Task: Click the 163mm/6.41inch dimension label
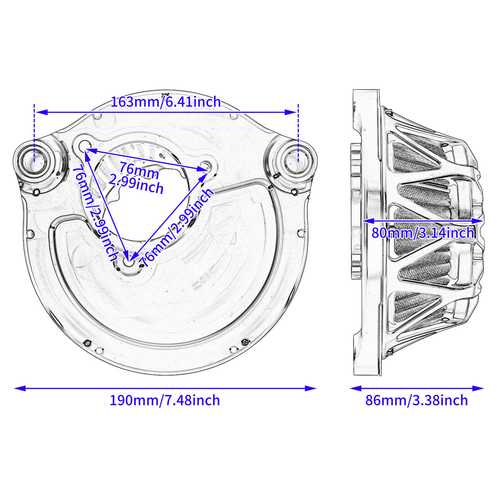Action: [x=166, y=102]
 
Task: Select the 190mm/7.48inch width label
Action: [x=165, y=400]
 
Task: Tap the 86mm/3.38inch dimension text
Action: [x=416, y=400]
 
